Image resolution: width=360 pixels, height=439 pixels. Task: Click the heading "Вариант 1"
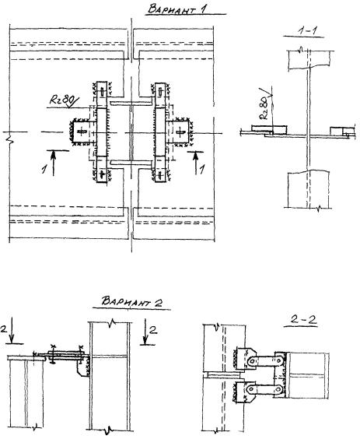pyautogui.click(x=177, y=9)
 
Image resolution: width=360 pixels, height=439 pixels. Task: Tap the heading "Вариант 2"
pyautogui.click(x=131, y=301)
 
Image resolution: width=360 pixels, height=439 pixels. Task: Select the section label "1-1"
pyautogui.click(x=304, y=30)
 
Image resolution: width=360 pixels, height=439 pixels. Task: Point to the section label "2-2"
pyautogui.click(x=303, y=320)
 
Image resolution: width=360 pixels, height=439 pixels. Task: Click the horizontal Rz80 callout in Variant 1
pyautogui.click(x=64, y=100)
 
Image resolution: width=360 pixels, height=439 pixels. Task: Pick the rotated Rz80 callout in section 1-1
pyautogui.click(x=265, y=107)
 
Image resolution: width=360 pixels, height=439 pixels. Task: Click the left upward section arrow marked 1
pyautogui.click(x=54, y=163)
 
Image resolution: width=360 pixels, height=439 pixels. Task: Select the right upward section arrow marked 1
pyautogui.click(x=195, y=163)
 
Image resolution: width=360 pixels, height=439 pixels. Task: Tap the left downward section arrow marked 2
pyautogui.click(x=11, y=330)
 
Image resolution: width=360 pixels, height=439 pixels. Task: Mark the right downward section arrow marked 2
pyautogui.click(x=145, y=332)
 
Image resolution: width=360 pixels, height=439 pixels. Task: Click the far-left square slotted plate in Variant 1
pyautogui.click(x=81, y=132)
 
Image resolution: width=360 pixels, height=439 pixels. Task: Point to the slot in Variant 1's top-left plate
pyautogui.click(x=102, y=92)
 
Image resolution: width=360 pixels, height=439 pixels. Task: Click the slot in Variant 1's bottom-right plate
pyautogui.click(x=160, y=174)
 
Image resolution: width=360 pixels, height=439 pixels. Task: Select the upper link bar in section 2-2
pyautogui.click(x=266, y=361)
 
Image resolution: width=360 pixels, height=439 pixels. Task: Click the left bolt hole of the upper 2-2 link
pyautogui.click(x=253, y=361)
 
